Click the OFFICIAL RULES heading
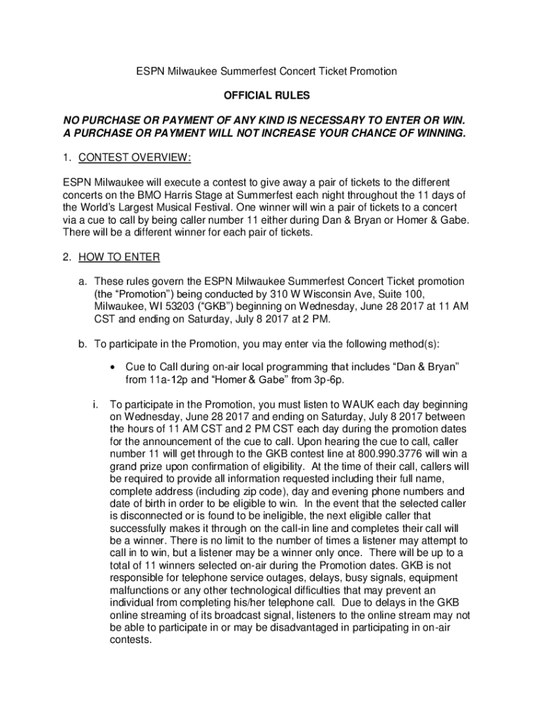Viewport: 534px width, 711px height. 266,95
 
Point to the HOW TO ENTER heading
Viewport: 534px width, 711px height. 119,258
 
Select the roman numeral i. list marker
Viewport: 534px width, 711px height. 96,404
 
